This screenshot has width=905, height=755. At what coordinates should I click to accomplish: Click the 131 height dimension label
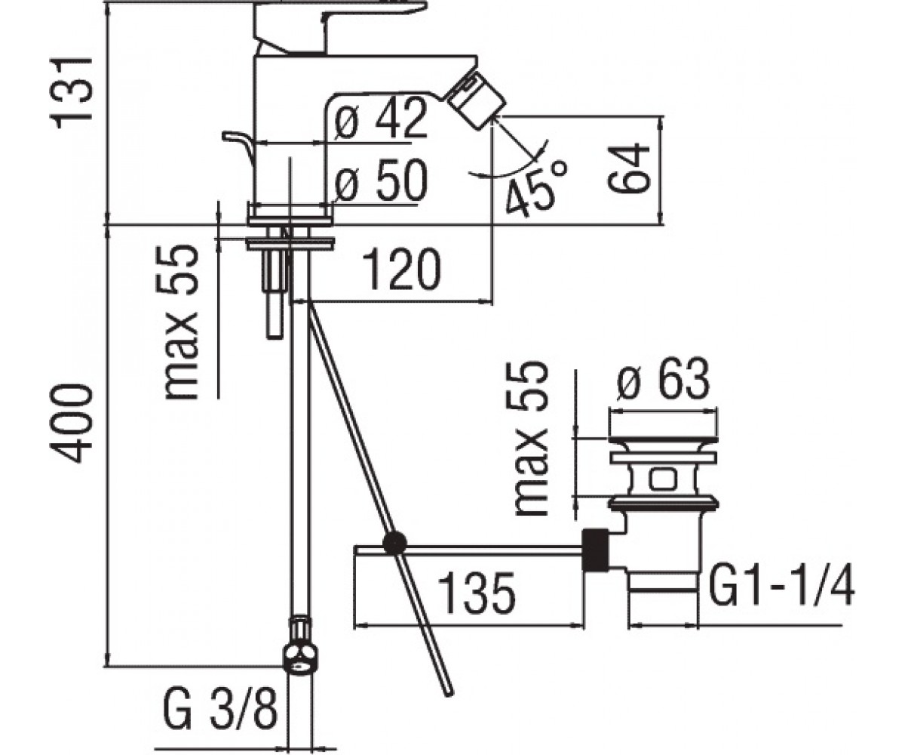pos(72,92)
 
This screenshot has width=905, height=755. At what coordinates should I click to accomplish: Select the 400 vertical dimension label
pos(72,424)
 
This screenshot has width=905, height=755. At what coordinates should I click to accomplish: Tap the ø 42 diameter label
pos(382,118)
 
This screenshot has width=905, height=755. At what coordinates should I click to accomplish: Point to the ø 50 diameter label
pos(382,180)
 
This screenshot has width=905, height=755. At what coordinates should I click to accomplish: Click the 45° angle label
pos(536,187)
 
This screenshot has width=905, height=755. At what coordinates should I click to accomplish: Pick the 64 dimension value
pos(628,168)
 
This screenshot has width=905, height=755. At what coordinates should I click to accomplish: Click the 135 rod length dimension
pos(477,593)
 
